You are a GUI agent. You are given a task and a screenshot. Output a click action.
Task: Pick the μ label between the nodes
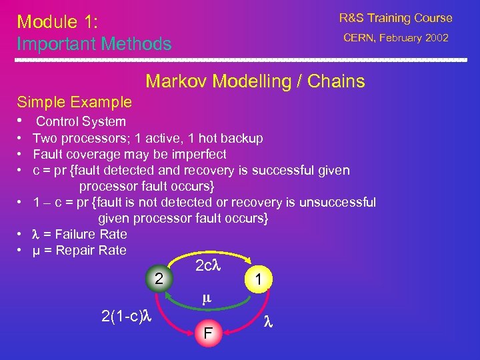[207, 299]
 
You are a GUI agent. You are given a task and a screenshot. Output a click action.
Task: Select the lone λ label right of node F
[268, 321]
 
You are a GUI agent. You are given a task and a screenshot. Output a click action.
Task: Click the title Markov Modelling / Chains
[255, 82]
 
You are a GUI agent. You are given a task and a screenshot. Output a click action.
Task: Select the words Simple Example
[74, 103]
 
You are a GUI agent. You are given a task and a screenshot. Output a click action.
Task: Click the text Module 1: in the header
[58, 22]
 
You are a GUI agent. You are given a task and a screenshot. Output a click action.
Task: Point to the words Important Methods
[94, 44]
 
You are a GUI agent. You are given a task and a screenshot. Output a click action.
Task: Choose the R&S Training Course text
[395, 18]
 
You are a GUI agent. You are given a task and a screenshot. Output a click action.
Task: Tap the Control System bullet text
[81, 121]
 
